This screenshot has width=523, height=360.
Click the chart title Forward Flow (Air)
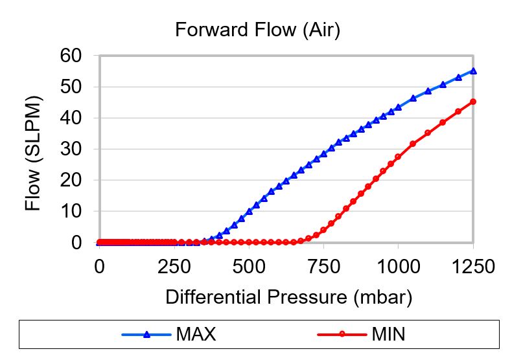click(x=258, y=30)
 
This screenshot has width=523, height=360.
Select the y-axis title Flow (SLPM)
click(x=33, y=154)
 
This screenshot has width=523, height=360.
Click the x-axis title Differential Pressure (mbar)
click(x=289, y=297)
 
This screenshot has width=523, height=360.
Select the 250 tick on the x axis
click(x=174, y=267)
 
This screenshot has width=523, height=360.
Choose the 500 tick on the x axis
click(x=248, y=267)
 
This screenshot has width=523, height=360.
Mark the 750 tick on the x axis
click(x=323, y=267)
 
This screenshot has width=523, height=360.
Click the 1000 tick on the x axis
click(x=398, y=267)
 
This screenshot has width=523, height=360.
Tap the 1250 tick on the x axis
click(x=472, y=267)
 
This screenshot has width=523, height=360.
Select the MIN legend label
click(x=389, y=335)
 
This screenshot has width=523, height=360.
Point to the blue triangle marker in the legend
click(x=146, y=334)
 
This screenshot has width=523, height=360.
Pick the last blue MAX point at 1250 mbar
click(x=473, y=71)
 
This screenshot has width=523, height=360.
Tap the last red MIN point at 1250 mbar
click(x=473, y=102)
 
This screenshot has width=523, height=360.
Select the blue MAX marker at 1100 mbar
click(x=428, y=91)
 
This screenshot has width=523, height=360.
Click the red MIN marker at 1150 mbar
click(x=443, y=122)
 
